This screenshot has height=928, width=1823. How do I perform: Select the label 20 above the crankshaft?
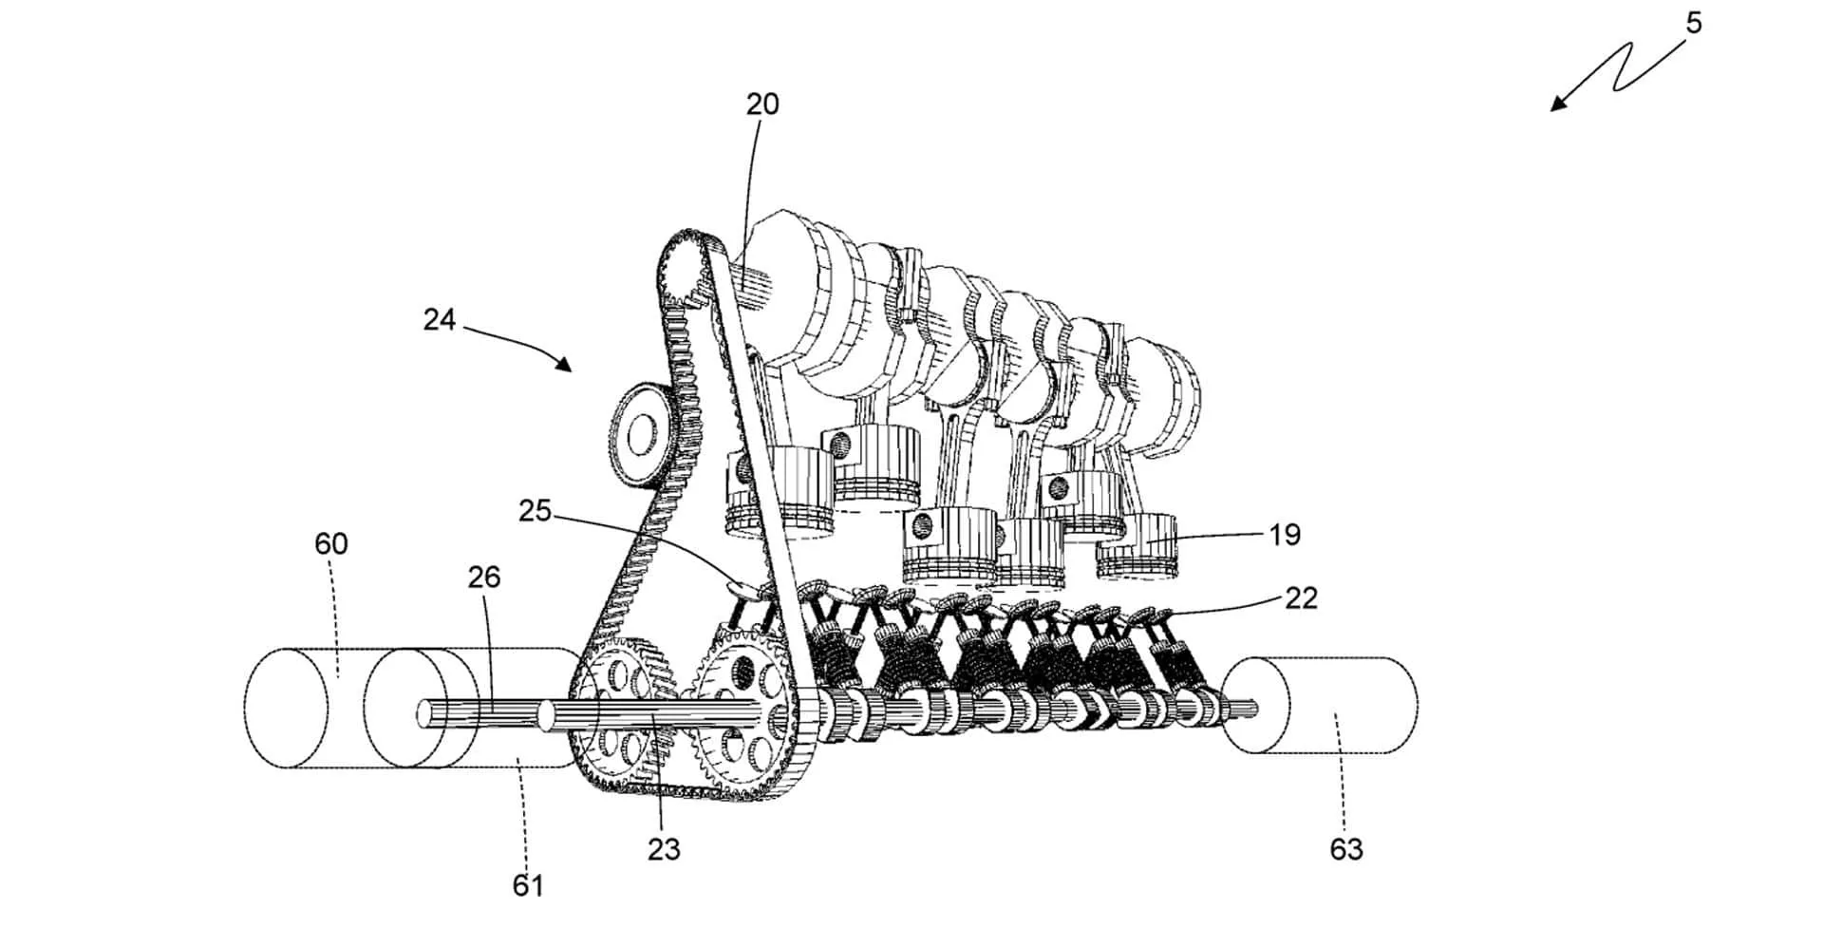(761, 104)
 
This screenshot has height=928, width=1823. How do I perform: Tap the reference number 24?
(440, 320)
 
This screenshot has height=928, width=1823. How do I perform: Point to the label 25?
(535, 511)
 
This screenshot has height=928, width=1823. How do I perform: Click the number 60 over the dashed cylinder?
(331, 543)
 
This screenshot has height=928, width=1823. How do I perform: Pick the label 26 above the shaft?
(483, 577)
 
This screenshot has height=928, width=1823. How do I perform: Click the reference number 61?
(528, 885)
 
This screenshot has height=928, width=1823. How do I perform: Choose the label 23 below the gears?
(664, 848)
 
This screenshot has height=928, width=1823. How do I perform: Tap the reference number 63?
(1345, 848)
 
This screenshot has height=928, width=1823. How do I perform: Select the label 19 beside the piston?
(1284, 535)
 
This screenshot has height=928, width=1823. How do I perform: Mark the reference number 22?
(1301, 597)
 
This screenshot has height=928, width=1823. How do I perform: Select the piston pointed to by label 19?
(1137, 549)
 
